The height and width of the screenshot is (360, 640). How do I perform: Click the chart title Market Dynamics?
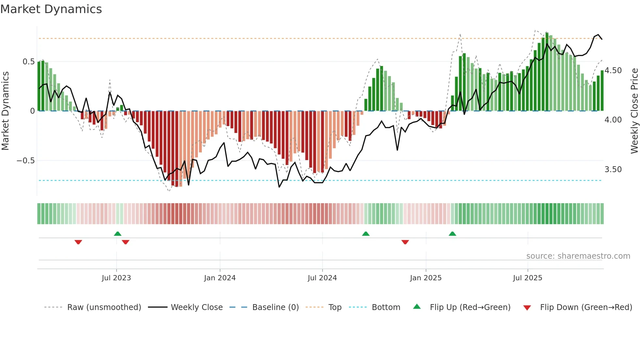(x=51, y=9)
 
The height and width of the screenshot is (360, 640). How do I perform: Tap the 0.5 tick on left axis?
(x=28, y=62)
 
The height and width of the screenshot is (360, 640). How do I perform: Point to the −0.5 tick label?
(x=25, y=161)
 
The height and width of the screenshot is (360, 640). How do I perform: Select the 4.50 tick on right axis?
(x=613, y=71)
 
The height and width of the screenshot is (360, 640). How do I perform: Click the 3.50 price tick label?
(x=613, y=170)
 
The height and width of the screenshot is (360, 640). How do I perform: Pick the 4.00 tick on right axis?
(x=613, y=120)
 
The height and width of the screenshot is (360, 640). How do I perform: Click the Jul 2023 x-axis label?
(x=116, y=278)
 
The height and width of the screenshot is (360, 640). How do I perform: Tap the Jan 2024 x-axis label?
(x=220, y=278)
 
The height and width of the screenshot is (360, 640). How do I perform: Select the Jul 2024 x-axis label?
(x=322, y=278)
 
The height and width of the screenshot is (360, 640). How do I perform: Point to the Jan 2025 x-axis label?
(x=425, y=278)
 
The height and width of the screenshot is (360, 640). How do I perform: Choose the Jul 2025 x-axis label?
(x=527, y=278)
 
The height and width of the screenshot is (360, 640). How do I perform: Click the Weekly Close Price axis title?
(x=634, y=111)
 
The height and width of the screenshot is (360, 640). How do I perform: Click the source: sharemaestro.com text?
(x=578, y=256)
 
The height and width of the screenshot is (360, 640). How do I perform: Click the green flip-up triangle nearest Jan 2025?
(x=452, y=234)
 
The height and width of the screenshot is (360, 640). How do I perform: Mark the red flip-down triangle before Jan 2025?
(x=405, y=242)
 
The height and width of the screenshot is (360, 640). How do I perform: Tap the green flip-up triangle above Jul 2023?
(x=118, y=234)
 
